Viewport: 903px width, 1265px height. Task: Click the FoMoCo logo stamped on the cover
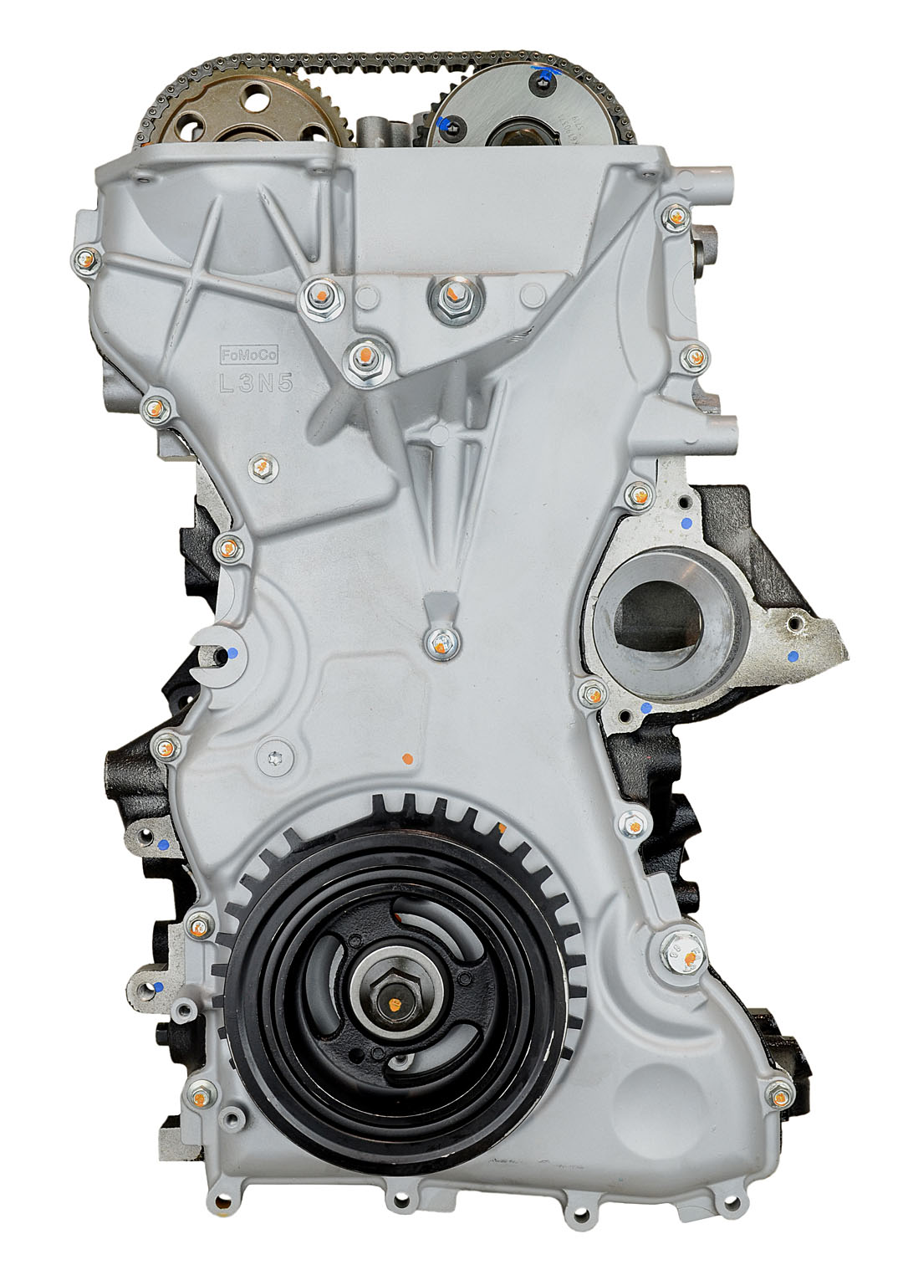tap(242, 355)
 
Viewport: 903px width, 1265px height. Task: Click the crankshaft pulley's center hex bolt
tap(394, 1000)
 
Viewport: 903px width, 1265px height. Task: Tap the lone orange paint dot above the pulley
tap(407, 759)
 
